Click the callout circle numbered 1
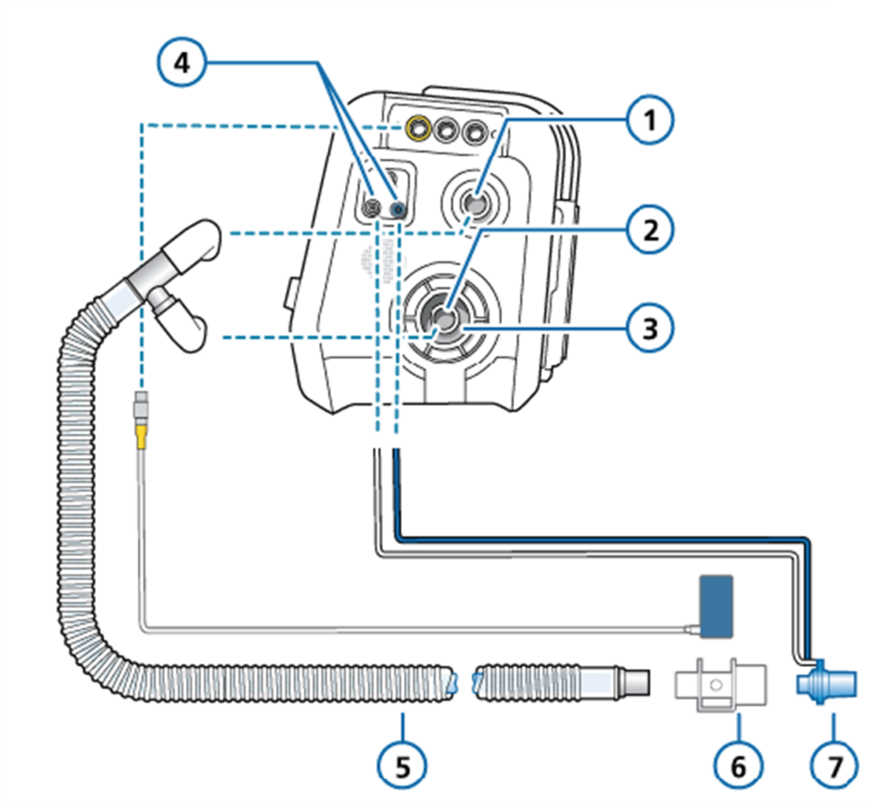coord(650,121)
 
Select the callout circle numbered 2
coord(650,229)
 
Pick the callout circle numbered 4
coord(182,63)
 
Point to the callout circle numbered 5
coord(402,766)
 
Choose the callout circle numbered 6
coord(738,766)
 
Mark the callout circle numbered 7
coord(834,766)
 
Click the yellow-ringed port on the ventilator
coord(417,129)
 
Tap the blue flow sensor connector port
coord(398,210)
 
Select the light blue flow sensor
coord(826,682)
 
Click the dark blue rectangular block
coord(716,606)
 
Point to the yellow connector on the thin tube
coord(142,434)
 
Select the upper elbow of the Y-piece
coord(191,243)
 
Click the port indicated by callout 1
coord(476,202)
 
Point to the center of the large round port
coord(444,319)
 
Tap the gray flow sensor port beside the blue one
coord(370,207)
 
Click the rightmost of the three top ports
coord(473,132)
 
